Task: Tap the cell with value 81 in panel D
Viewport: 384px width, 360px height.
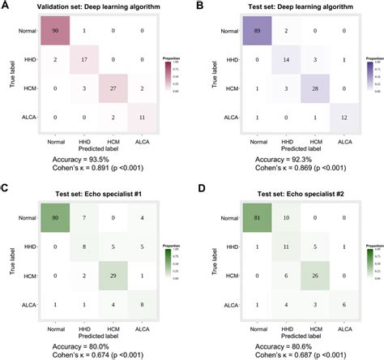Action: (252, 216)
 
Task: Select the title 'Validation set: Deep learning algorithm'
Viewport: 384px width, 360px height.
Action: (96, 7)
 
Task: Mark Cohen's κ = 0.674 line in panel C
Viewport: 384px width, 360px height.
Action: (95, 345)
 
